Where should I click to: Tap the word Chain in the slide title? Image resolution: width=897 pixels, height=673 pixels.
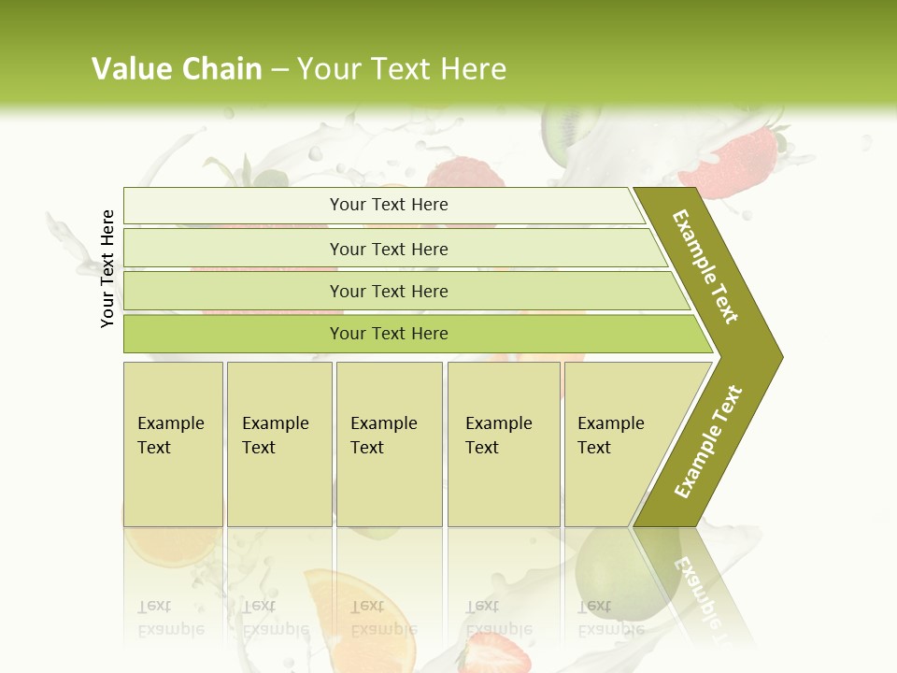[x=222, y=69]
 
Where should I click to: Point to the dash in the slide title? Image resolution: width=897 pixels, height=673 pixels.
[x=279, y=70]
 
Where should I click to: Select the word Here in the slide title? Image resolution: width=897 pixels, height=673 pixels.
[x=472, y=69]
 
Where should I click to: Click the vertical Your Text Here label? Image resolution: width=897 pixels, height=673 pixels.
[x=107, y=269]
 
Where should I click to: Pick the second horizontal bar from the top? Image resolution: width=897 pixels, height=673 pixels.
[x=389, y=249]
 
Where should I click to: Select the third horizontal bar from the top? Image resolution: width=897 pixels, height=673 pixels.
[x=389, y=291]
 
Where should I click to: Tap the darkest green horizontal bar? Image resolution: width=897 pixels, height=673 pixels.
[x=389, y=334]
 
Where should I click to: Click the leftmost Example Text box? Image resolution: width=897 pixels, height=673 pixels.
[x=173, y=444]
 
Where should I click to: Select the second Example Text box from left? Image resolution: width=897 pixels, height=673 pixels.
[x=278, y=444]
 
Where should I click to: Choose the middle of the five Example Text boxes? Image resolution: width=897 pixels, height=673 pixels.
[x=389, y=444]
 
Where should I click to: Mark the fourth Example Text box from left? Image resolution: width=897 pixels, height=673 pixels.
[x=503, y=444]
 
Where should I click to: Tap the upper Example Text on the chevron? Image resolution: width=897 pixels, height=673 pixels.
[x=706, y=266]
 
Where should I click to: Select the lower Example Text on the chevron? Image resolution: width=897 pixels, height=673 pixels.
[x=708, y=441]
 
